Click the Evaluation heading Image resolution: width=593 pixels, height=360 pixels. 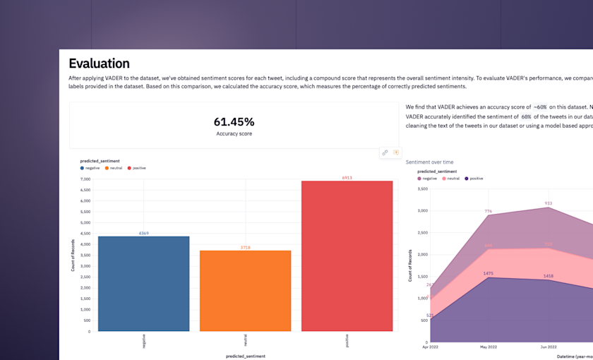[x=99, y=64]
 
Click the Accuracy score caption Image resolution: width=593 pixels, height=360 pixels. [x=234, y=133]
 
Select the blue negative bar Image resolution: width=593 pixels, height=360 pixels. [x=143, y=283]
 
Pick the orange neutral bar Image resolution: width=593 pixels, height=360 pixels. [x=245, y=290]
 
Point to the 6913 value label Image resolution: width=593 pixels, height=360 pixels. [x=347, y=178]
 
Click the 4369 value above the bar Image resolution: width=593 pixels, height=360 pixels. [x=143, y=233]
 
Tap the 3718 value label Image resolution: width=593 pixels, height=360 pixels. [x=245, y=247]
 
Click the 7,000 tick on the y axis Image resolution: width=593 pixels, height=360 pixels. [x=85, y=179]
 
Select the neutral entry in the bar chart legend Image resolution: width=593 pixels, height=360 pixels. [x=115, y=168]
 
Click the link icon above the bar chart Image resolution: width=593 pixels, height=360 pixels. [x=385, y=152]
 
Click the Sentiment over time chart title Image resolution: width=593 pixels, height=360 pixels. [x=429, y=162]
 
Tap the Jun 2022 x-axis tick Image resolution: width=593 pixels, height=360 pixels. [x=548, y=347]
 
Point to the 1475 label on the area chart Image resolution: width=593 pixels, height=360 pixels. [x=488, y=273]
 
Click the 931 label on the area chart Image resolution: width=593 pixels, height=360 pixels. [x=548, y=203]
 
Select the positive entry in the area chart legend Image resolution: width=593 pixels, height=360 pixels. [x=474, y=179]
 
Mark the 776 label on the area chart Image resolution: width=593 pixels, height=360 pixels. [x=488, y=211]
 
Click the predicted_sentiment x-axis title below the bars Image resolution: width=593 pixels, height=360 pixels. [x=245, y=356]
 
